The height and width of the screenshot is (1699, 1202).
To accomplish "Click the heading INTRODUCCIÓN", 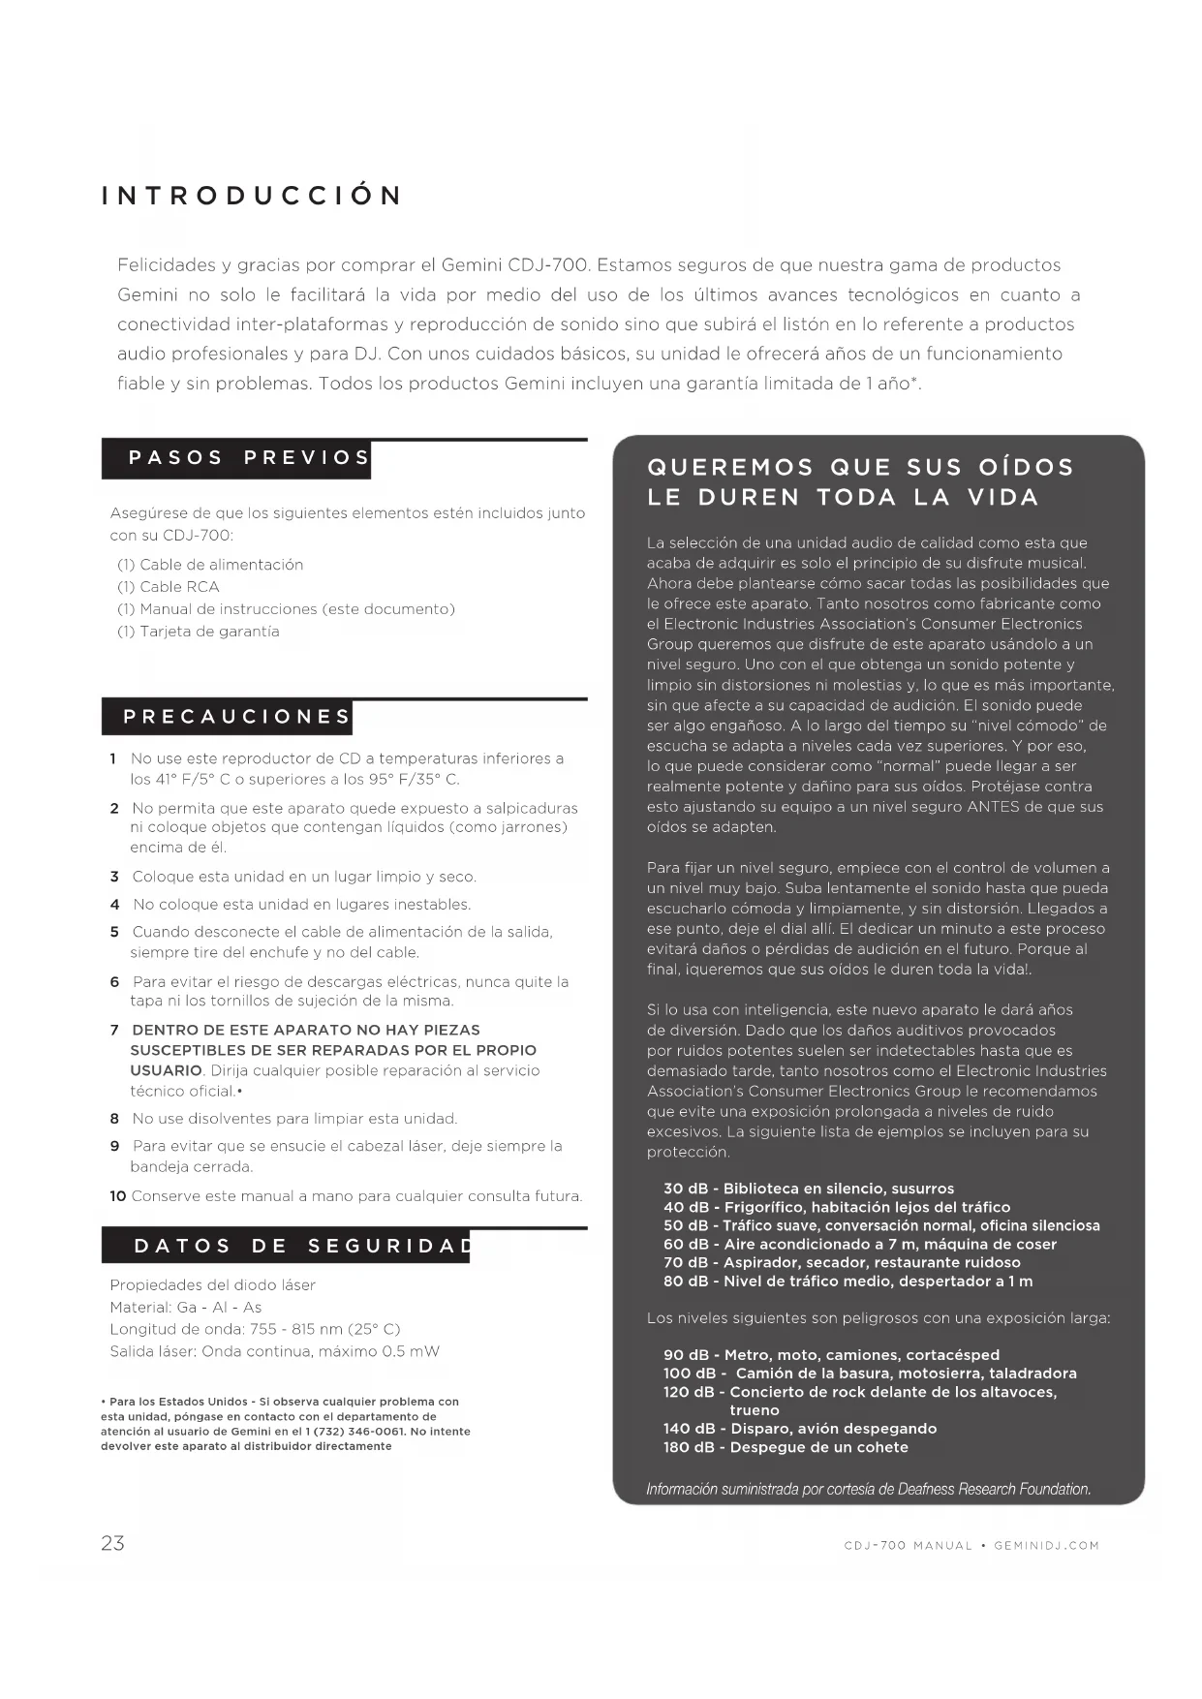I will [252, 196].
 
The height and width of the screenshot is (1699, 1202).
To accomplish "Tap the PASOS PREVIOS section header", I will [250, 458].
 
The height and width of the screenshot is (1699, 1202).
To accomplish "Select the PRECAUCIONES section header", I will [236, 717].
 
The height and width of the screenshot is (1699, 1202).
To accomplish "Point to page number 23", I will [112, 1543].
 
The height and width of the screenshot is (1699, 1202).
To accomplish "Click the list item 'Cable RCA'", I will [169, 587].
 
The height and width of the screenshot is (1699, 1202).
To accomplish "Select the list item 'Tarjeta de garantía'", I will [199, 632].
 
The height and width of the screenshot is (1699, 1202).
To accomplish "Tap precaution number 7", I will [114, 1030].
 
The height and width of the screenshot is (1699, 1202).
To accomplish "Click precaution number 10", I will [117, 1196].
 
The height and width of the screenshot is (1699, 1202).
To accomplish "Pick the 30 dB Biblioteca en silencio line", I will [809, 1189].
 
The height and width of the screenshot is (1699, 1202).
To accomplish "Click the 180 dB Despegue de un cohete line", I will [786, 1447].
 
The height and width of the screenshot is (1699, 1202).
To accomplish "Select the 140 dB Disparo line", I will [800, 1429].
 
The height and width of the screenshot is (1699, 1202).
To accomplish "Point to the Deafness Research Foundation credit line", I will [869, 1489].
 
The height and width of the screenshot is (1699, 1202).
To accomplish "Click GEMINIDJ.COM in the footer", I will [1047, 1546].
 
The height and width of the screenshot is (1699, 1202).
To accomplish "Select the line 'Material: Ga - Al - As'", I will [186, 1307].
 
